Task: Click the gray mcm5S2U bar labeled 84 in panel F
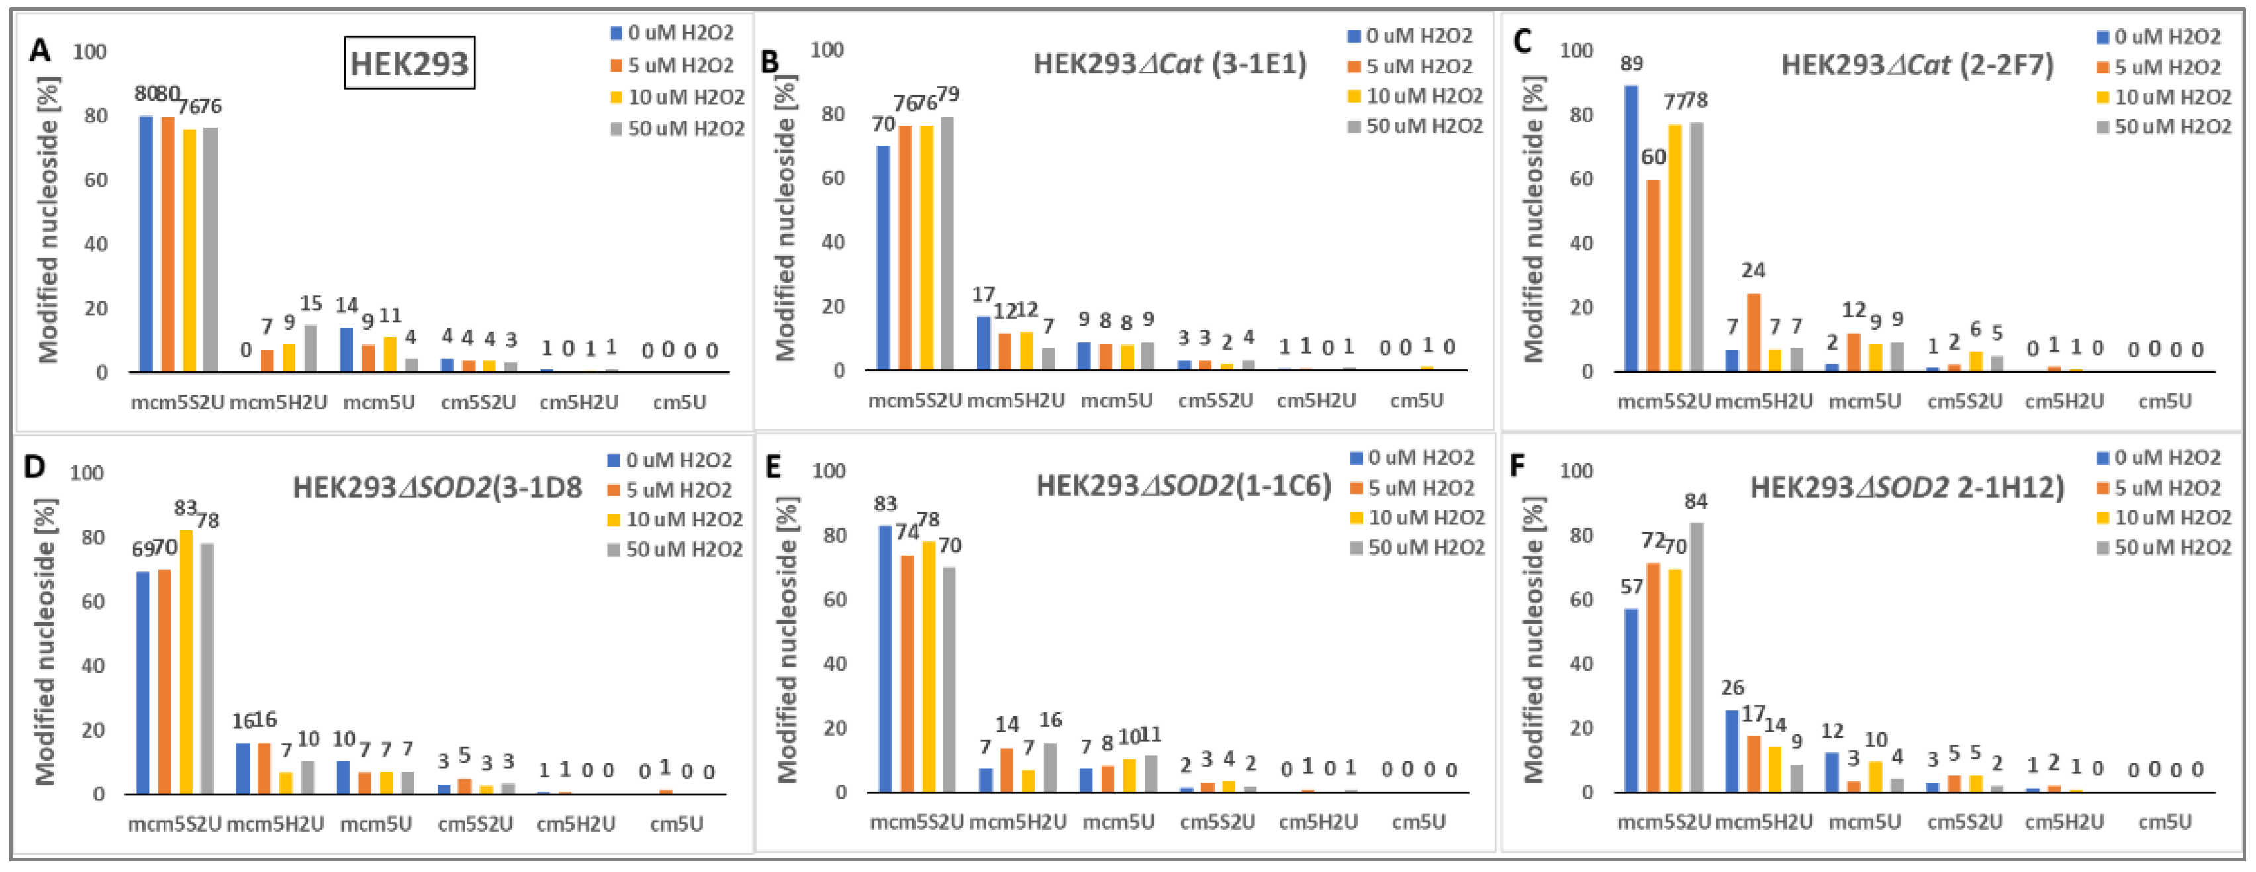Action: click(1697, 657)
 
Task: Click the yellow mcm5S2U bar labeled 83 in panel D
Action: click(185, 661)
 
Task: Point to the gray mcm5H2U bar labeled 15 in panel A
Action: click(311, 349)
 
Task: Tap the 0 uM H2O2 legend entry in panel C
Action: click(2159, 37)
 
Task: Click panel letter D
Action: click(34, 466)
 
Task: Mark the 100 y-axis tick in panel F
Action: click(1576, 471)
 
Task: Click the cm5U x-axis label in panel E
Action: click(1419, 822)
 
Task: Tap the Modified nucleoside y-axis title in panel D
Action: click(46, 642)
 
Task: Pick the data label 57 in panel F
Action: click(1630, 587)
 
